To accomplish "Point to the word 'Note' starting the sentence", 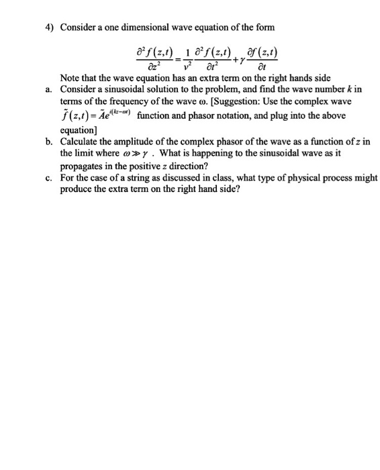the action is (72, 78).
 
